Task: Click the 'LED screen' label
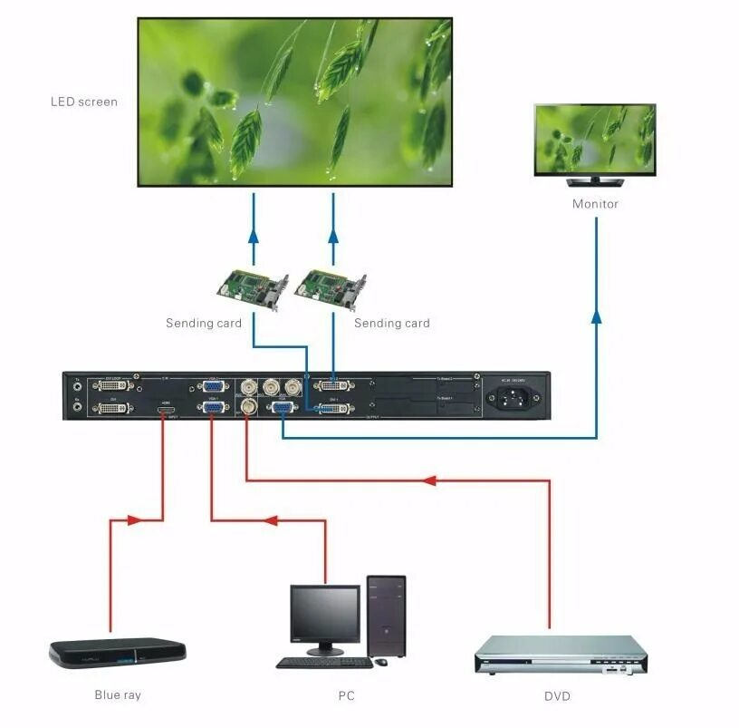point(83,102)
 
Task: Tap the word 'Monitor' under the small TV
point(595,204)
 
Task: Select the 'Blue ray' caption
point(118,695)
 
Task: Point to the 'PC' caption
point(346,695)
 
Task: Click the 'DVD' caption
point(557,695)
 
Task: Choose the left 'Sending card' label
point(204,323)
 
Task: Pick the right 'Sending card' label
point(391,323)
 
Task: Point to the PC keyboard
point(323,663)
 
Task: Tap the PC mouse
point(381,662)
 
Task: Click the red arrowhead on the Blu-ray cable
point(134,520)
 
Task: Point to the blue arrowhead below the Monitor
point(596,315)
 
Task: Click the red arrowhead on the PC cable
point(269,520)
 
